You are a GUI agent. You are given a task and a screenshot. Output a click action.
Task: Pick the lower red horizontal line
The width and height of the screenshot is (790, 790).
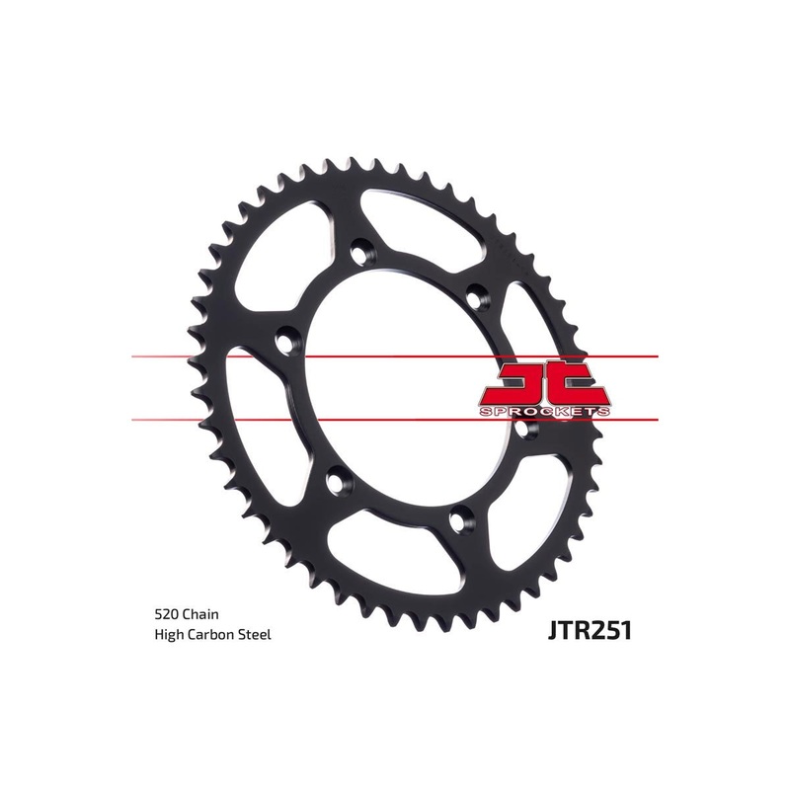pos(197,419)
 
